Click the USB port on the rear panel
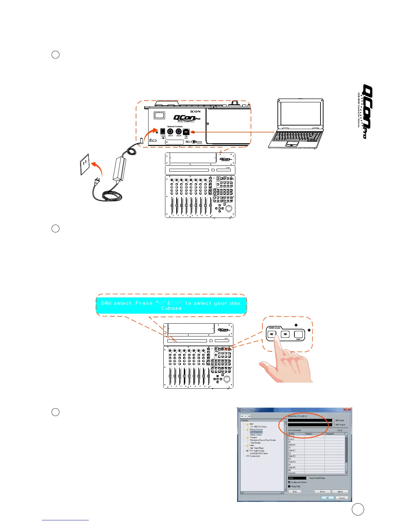click(x=186, y=131)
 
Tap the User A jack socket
click(x=170, y=131)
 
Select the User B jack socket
click(x=179, y=131)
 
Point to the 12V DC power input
click(x=163, y=131)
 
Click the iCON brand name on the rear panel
click(x=195, y=111)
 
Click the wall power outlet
click(x=85, y=163)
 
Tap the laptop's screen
click(x=300, y=114)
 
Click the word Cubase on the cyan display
click(x=171, y=308)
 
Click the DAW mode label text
click(x=275, y=328)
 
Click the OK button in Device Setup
click(x=327, y=498)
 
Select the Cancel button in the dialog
click(x=342, y=498)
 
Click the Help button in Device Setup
click(x=295, y=491)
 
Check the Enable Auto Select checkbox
click(x=289, y=482)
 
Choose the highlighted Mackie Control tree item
click(x=256, y=432)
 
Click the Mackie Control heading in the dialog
click(x=297, y=416)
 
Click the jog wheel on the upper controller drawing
click(x=228, y=208)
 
